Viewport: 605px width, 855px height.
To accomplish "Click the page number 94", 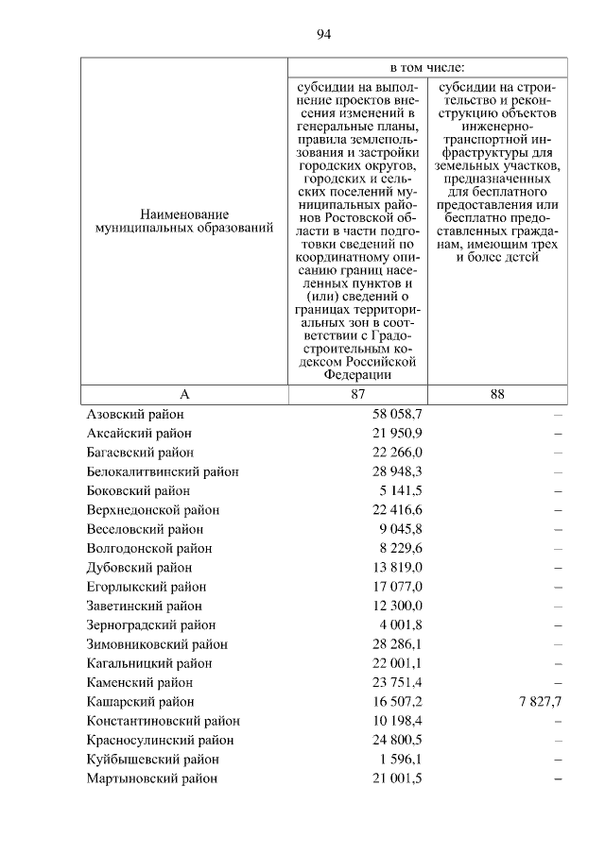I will coord(323,35).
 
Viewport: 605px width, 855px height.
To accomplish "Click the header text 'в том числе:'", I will coord(427,69).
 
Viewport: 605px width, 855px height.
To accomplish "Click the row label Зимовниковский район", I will coord(157,644).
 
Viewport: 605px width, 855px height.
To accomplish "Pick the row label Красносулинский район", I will coord(160,741).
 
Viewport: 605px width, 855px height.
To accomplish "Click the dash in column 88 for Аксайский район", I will coord(558,434).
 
